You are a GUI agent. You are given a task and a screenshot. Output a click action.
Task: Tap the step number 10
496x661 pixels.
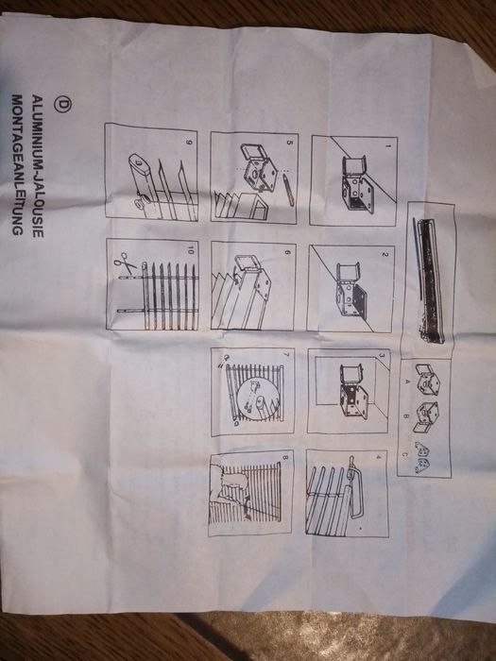coord(190,252)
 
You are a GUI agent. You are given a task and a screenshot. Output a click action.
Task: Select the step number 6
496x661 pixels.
coord(287,252)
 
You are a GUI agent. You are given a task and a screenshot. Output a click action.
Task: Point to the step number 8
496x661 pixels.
coord(282,462)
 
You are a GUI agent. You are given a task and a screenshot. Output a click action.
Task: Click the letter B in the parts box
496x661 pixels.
coord(407,414)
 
